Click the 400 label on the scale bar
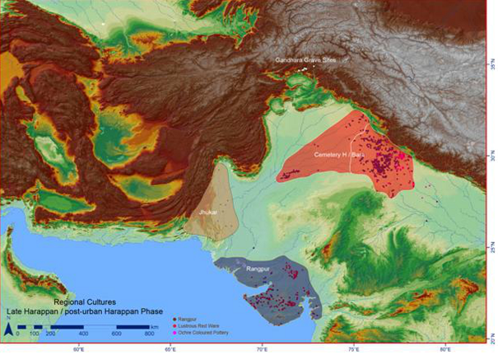click(x=83, y=333)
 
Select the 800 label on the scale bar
click(x=149, y=333)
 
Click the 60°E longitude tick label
click(x=79, y=349)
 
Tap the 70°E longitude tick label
click(x=262, y=349)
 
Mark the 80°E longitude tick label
click(x=444, y=349)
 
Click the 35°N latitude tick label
click(x=491, y=61)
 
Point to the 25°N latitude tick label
click(x=491, y=247)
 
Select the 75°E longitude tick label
click(x=353, y=349)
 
